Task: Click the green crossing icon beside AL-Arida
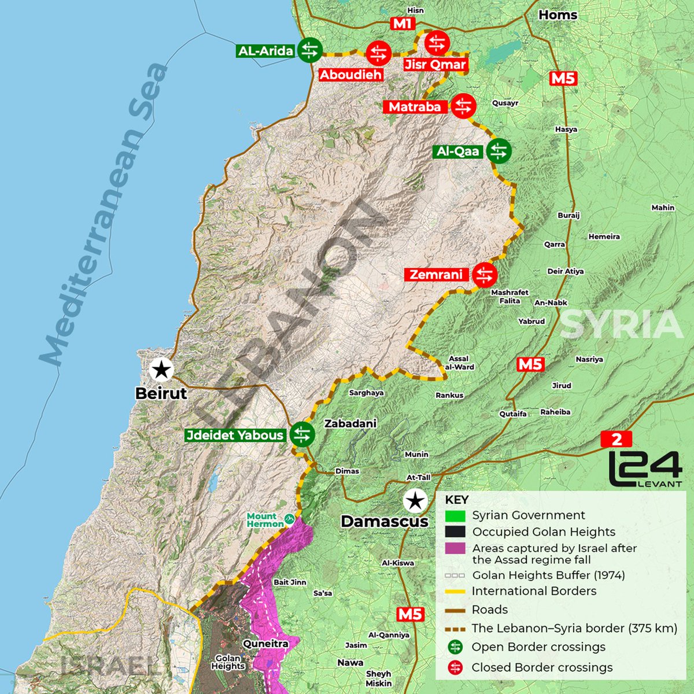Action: click(309, 50)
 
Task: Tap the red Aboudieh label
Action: click(350, 75)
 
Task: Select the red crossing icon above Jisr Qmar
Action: click(437, 43)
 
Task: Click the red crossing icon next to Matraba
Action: click(463, 106)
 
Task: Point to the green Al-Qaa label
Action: click(458, 152)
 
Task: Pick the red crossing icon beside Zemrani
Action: click(485, 275)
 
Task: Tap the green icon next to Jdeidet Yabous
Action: click(301, 434)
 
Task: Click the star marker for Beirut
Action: click(161, 369)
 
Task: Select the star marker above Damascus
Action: click(414, 501)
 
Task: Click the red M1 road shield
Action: click(402, 24)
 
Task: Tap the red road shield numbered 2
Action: click(617, 439)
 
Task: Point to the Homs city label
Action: click(558, 15)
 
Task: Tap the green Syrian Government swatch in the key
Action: click(456, 515)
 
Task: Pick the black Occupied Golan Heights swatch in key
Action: click(456, 532)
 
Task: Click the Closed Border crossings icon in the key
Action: click(456, 667)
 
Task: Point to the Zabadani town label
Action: click(350, 423)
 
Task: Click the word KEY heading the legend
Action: click(456, 500)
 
